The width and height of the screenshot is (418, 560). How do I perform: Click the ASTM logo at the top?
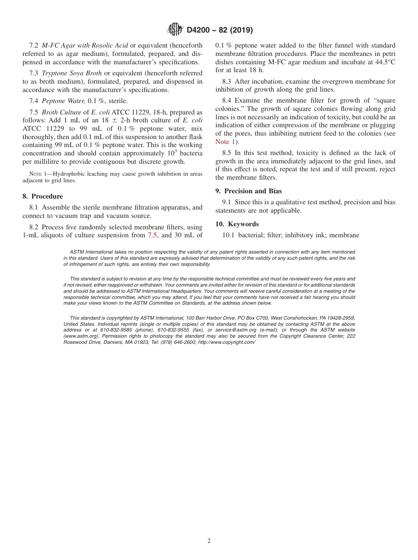click(176, 30)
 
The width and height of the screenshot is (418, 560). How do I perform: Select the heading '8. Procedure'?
click(43, 196)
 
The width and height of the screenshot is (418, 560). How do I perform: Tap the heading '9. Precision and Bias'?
click(249, 191)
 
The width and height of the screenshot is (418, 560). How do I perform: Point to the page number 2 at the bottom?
click(209, 541)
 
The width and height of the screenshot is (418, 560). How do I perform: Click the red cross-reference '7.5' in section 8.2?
click(152, 235)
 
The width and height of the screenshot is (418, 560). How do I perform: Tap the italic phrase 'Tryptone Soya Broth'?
click(72, 73)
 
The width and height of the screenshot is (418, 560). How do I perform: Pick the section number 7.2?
click(34, 45)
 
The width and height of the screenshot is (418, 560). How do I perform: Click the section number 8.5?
click(227, 153)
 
